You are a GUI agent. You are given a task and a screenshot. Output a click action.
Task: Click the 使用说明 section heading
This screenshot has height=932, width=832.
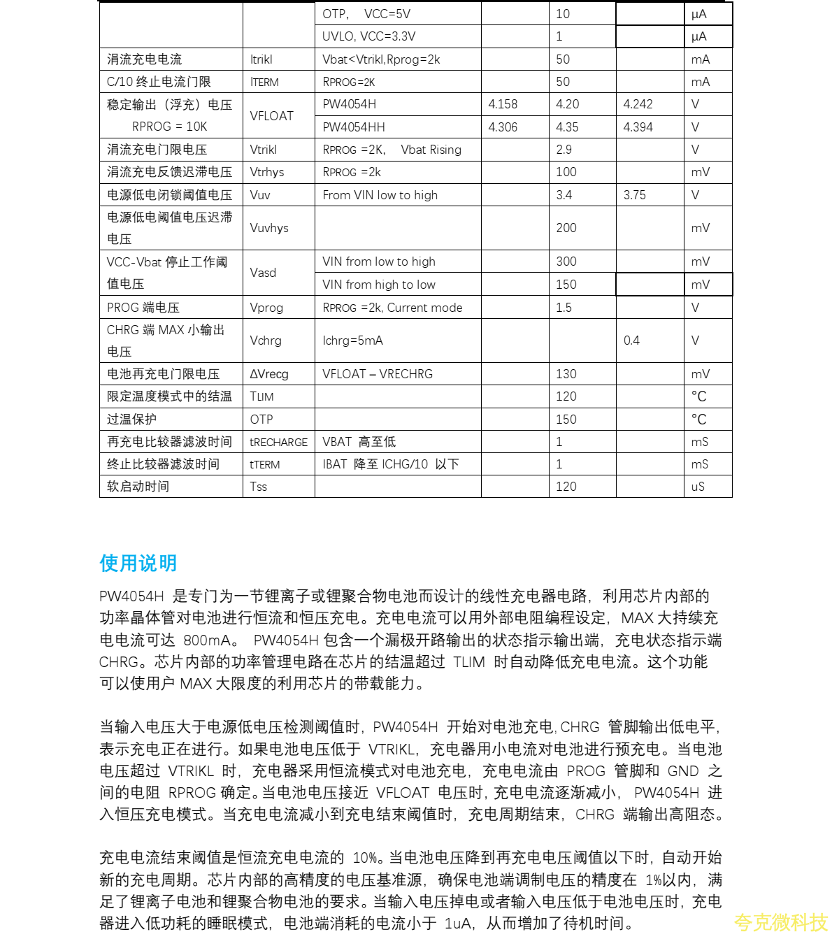pyautogui.click(x=138, y=563)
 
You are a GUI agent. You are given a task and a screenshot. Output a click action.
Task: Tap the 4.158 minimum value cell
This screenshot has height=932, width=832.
pyautogui.click(x=503, y=104)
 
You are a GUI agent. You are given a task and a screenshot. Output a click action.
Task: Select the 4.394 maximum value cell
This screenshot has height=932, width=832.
pyautogui.click(x=638, y=127)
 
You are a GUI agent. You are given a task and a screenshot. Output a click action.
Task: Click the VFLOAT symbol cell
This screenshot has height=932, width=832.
pyautogui.click(x=271, y=116)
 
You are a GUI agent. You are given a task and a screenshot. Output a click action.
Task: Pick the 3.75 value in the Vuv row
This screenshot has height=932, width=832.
pyautogui.click(x=634, y=195)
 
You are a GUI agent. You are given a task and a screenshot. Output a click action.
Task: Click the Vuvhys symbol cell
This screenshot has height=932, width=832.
pyautogui.click(x=268, y=228)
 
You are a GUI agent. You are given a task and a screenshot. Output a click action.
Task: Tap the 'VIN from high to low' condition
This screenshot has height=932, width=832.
pyautogui.click(x=378, y=285)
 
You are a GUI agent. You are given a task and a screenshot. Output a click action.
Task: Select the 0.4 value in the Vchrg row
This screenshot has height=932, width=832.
pyautogui.click(x=631, y=340)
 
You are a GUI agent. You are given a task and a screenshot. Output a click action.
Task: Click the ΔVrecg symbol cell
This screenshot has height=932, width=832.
pyautogui.click(x=268, y=374)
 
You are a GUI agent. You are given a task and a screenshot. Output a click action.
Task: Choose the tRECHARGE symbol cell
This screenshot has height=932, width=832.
pyautogui.click(x=278, y=442)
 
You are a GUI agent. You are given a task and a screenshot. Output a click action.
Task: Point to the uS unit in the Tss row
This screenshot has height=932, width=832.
pyautogui.click(x=698, y=487)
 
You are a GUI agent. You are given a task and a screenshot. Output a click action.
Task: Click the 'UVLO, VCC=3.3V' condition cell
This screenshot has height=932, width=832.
pyautogui.click(x=368, y=36)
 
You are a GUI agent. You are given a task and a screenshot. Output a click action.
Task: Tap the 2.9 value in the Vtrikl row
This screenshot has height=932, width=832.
pyautogui.click(x=564, y=150)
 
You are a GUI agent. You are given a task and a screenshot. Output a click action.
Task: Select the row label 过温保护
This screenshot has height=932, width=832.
pyautogui.click(x=131, y=420)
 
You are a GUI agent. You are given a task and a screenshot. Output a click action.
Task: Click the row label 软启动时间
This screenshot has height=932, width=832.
pyautogui.click(x=138, y=487)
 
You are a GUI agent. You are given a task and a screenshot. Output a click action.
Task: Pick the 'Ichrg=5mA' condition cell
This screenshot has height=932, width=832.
pyautogui.click(x=352, y=340)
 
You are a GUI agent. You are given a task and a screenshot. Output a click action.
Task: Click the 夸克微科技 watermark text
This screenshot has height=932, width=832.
pyautogui.click(x=780, y=922)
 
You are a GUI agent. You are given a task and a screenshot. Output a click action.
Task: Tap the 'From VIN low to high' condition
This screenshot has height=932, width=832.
pyautogui.click(x=380, y=195)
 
